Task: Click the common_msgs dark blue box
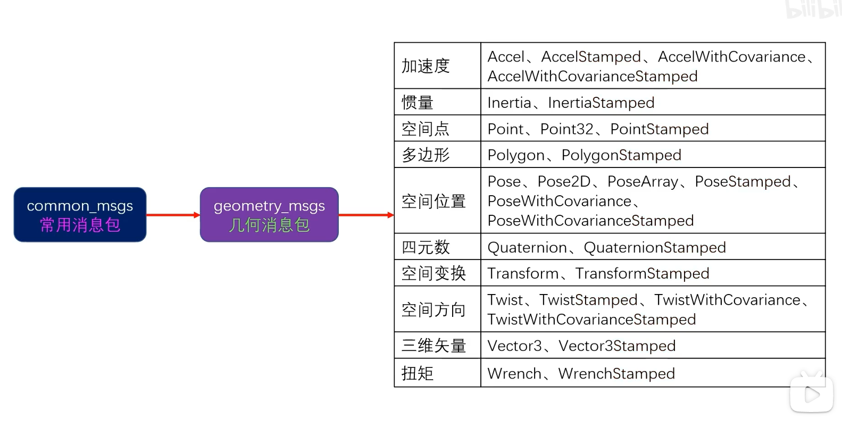coord(80,215)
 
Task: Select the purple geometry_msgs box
coord(269,215)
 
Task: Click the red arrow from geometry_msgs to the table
coord(366,215)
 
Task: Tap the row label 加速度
coord(426,66)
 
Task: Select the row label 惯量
coord(418,102)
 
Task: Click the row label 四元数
coord(426,247)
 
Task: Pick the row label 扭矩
coord(418,373)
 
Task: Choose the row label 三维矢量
coord(433,346)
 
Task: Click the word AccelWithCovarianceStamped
coord(593,77)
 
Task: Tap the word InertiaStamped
coord(601,103)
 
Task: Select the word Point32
coord(566,129)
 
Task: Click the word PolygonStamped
coord(621,155)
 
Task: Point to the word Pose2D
coord(564,182)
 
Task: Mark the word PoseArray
coord(643,182)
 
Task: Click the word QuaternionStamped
coord(655,248)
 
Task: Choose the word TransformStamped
coord(642,274)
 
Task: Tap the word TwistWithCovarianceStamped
coord(591,320)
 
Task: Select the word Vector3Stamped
coord(617,346)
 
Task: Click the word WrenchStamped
coord(616,374)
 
